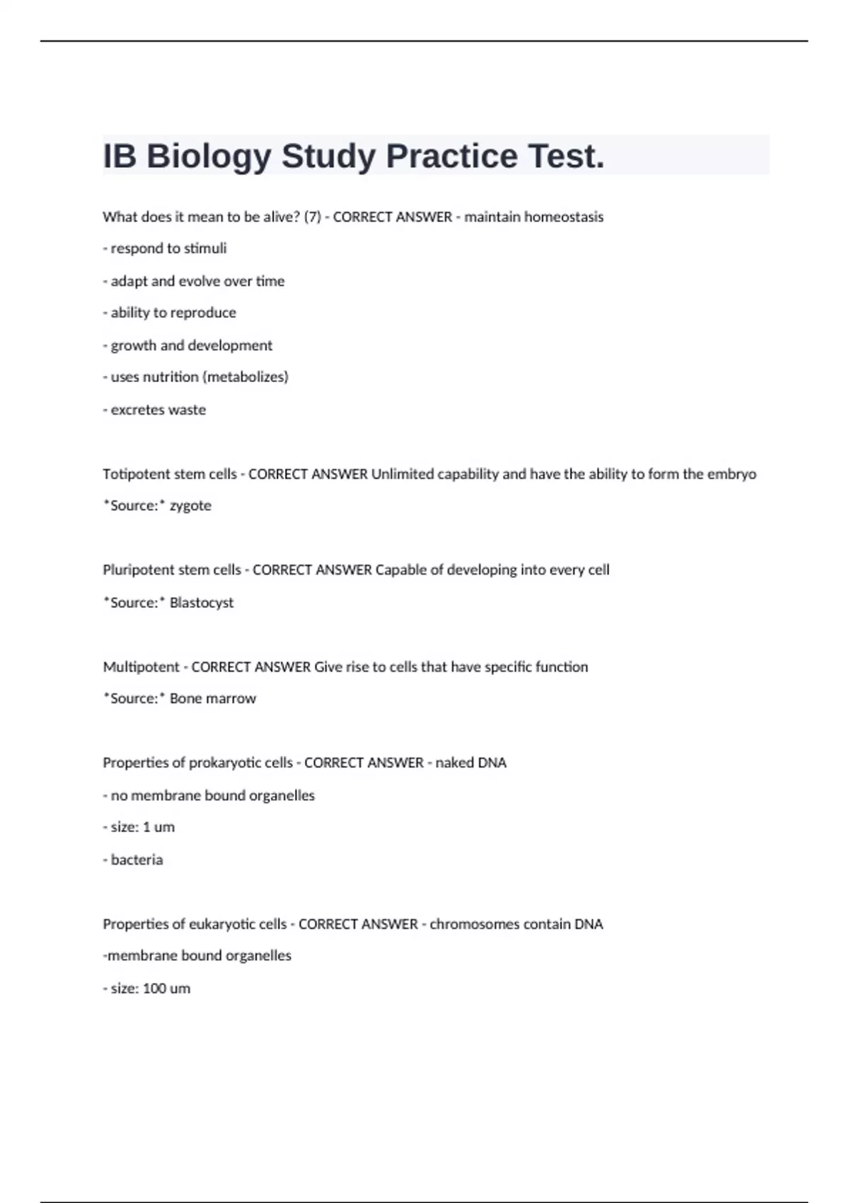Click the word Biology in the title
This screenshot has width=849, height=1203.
(x=209, y=156)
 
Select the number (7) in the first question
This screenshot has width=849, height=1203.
(x=312, y=217)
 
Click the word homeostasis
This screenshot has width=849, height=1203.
(x=563, y=217)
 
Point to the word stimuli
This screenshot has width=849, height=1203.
(x=205, y=248)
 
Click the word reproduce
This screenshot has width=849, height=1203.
(x=202, y=313)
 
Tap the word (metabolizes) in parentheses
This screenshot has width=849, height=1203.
(x=245, y=377)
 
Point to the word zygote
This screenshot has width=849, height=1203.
(x=190, y=506)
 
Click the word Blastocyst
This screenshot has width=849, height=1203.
(x=202, y=603)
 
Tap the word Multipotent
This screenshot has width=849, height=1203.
(x=141, y=667)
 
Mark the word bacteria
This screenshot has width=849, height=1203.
(x=137, y=860)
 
